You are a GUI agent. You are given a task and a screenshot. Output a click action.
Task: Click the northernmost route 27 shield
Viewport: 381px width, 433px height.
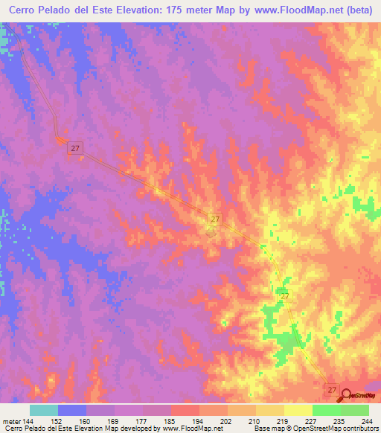74,149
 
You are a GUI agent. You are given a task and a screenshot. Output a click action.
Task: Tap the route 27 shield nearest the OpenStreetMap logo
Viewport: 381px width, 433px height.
332,389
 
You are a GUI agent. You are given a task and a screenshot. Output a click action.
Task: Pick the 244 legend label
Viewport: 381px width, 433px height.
366,422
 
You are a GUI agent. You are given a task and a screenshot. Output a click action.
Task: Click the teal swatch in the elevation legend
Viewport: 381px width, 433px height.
44,410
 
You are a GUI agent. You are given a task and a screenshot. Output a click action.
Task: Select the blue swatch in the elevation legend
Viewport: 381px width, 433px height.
72,410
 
